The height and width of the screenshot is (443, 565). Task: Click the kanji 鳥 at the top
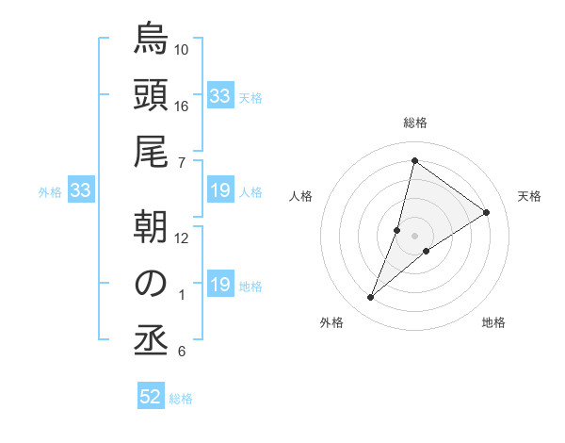point(151,41)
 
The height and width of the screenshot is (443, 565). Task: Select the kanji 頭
point(151,98)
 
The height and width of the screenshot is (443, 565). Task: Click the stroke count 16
point(182,106)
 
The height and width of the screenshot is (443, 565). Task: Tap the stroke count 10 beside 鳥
point(182,49)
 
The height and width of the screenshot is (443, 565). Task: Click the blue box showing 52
point(151,397)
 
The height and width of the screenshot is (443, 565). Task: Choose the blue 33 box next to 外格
point(80,191)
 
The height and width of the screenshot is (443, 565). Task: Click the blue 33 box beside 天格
point(219,96)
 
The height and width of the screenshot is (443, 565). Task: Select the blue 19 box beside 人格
point(219,191)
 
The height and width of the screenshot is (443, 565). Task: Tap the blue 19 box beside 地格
point(219,285)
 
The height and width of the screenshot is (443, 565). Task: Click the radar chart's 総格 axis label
point(415,123)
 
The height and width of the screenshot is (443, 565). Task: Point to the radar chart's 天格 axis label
point(529,196)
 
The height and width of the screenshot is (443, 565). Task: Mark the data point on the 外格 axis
point(371,298)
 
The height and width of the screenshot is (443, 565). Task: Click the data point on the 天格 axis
point(487,212)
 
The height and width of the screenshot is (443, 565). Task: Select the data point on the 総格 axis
point(414,160)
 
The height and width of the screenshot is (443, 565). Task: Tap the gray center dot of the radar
point(415,235)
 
